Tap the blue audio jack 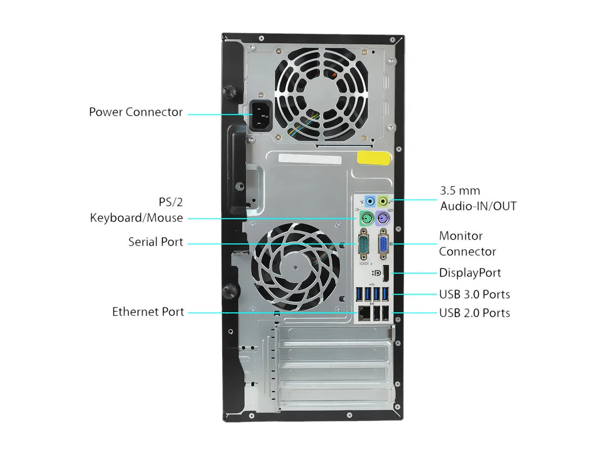(370, 201)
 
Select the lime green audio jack (383, 201)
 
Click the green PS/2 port (367, 218)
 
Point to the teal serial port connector (363, 245)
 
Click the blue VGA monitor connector (383, 245)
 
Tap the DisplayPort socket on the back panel (386, 274)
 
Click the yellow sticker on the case (374, 158)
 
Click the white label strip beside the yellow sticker (310, 159)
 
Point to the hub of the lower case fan (295, 267)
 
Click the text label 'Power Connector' (136, 112)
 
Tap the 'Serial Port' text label (156, 242)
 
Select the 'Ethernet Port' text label (148, 311)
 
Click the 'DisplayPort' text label (470, 272)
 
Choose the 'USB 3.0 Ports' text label (474, 294)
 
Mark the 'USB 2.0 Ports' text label (474, 313)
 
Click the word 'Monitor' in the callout (461, 236)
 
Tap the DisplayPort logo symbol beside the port (376, 273)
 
